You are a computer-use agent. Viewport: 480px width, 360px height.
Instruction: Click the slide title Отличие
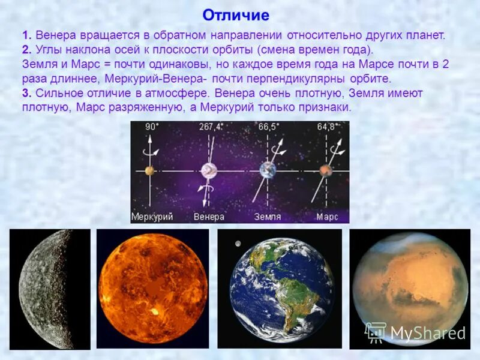click(236, 14)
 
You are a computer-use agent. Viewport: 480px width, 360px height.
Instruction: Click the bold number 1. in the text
click(28, 35)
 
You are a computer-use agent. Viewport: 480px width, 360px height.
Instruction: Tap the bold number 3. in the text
click(28, 93)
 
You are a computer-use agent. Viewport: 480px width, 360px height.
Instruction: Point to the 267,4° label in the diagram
click(211, 127)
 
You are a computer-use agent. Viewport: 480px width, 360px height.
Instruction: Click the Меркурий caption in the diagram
click(152, 217)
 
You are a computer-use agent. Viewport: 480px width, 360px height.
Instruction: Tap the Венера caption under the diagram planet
click(209, 217)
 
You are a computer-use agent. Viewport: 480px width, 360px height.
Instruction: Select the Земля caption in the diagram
click(268, 217)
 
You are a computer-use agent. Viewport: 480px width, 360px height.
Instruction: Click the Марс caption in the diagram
click(327, 217)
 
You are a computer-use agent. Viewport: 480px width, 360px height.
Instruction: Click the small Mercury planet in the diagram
click(149, 171)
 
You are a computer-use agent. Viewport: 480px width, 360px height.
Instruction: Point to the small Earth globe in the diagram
click(267, 170)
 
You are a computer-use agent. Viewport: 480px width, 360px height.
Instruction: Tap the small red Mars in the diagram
click(326, 171)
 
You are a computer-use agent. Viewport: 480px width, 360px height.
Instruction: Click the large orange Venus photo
click(153, 288)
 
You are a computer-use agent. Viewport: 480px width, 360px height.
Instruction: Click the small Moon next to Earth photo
click(238, 243)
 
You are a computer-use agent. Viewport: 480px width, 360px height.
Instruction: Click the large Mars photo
click(408, 282)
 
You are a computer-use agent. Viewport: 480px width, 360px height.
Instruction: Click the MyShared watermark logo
click(415, 332)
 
